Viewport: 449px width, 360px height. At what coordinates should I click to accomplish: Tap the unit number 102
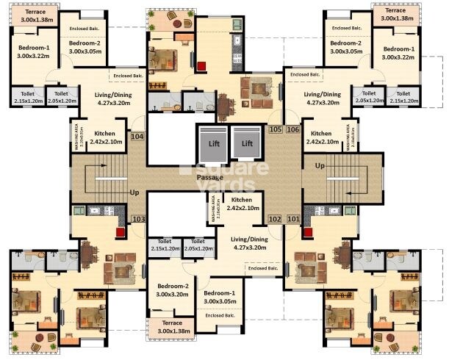coord(275,219)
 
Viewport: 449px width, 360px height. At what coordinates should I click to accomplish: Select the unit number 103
coord(137,219)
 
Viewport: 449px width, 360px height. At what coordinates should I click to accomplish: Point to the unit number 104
coord(137,136)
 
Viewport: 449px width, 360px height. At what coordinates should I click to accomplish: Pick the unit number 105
coord(276,130)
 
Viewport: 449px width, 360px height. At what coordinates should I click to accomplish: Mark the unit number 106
coord(293,130)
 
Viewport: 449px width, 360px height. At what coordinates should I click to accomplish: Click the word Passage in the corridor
coord(209,178)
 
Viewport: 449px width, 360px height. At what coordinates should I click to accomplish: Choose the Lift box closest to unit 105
coord(248,143)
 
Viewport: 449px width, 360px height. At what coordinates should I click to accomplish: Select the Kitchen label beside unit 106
coord(322,137)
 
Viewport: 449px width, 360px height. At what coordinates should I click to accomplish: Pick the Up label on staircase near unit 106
coord(320,166)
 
